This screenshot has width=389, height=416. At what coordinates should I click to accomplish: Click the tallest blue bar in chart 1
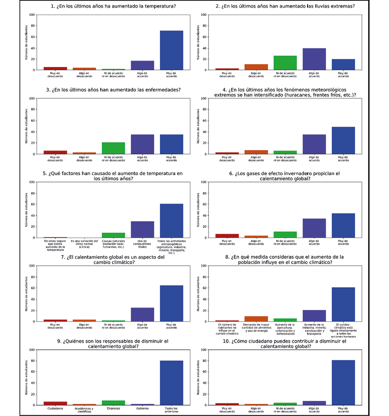[171, 50]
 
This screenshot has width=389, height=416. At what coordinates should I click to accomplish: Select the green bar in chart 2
[285, 63]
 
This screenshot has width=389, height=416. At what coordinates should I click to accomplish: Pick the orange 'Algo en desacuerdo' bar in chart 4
[256, 152]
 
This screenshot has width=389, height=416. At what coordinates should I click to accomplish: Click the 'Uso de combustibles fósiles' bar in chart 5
[142, 230]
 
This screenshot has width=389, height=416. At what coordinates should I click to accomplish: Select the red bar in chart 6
[227, 236]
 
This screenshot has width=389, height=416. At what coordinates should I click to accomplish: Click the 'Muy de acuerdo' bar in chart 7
[171, 303]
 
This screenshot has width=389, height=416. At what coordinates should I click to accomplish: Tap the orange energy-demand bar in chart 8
[256, 319]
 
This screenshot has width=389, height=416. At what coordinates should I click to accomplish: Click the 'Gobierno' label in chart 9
[142, 408]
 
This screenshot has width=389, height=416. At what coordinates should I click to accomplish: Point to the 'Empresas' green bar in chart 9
[114, 403]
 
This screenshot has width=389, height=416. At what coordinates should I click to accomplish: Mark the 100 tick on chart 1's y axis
[32, 15]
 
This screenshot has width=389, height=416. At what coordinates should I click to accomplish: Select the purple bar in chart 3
[142, 144]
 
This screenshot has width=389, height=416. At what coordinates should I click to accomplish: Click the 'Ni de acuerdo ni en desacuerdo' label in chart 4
[285, 158]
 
